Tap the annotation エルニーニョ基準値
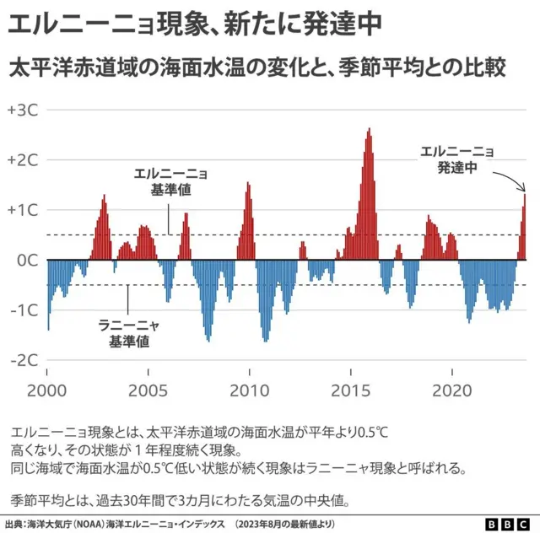[x=170, y=182]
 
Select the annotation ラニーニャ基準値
[x=129, y=333]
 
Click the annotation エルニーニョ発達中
[x=457, y=159]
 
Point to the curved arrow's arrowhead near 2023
[x=523, y=189]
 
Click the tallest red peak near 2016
[x=370, y=129]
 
